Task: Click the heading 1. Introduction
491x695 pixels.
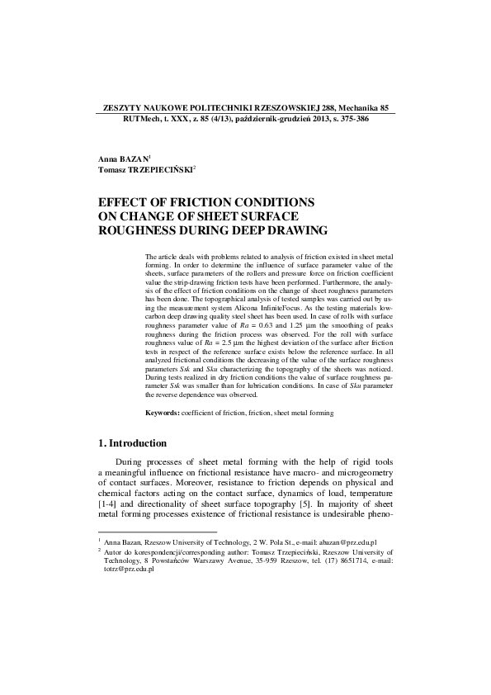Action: (132, 443)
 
